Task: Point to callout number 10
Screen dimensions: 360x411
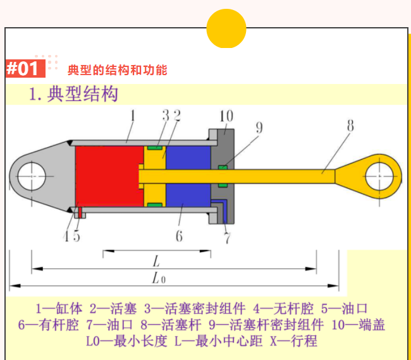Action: [x=226, y=116]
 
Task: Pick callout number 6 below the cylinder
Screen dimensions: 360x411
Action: [x=179, y=236]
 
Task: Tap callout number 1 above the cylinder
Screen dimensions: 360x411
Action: [x=133, y=116]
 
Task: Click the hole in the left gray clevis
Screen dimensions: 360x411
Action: [x=30, y=176]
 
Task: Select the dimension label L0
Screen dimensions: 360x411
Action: [x=158, y=278]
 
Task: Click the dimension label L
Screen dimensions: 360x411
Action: [x=155, y=260]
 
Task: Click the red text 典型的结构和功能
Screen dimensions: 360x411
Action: [x=117, y=69]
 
